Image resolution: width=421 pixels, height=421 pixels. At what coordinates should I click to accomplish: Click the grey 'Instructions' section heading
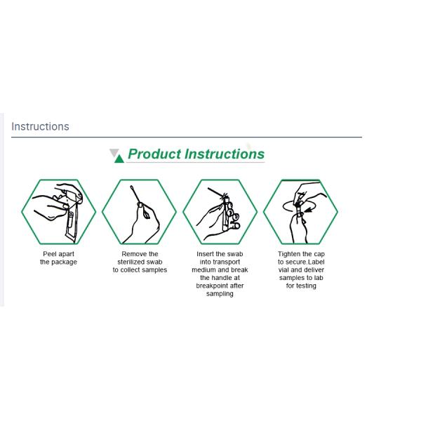40,126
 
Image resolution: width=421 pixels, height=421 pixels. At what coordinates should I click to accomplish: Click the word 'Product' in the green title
154,154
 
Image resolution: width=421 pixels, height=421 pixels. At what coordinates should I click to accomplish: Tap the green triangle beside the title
119,159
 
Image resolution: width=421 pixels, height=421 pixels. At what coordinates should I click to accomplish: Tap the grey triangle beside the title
114,152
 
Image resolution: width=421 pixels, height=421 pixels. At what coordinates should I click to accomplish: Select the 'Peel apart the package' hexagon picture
59,212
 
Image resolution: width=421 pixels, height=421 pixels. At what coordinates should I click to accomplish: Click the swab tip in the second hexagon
132,187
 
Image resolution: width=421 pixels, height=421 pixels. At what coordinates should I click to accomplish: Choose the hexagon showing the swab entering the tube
220,212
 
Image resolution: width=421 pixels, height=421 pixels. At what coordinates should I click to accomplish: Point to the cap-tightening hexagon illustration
300,212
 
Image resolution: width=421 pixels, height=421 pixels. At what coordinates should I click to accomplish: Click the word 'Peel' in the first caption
49,254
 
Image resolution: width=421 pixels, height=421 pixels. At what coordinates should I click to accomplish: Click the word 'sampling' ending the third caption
220,294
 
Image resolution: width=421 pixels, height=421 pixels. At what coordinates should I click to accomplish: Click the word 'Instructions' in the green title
225,154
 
